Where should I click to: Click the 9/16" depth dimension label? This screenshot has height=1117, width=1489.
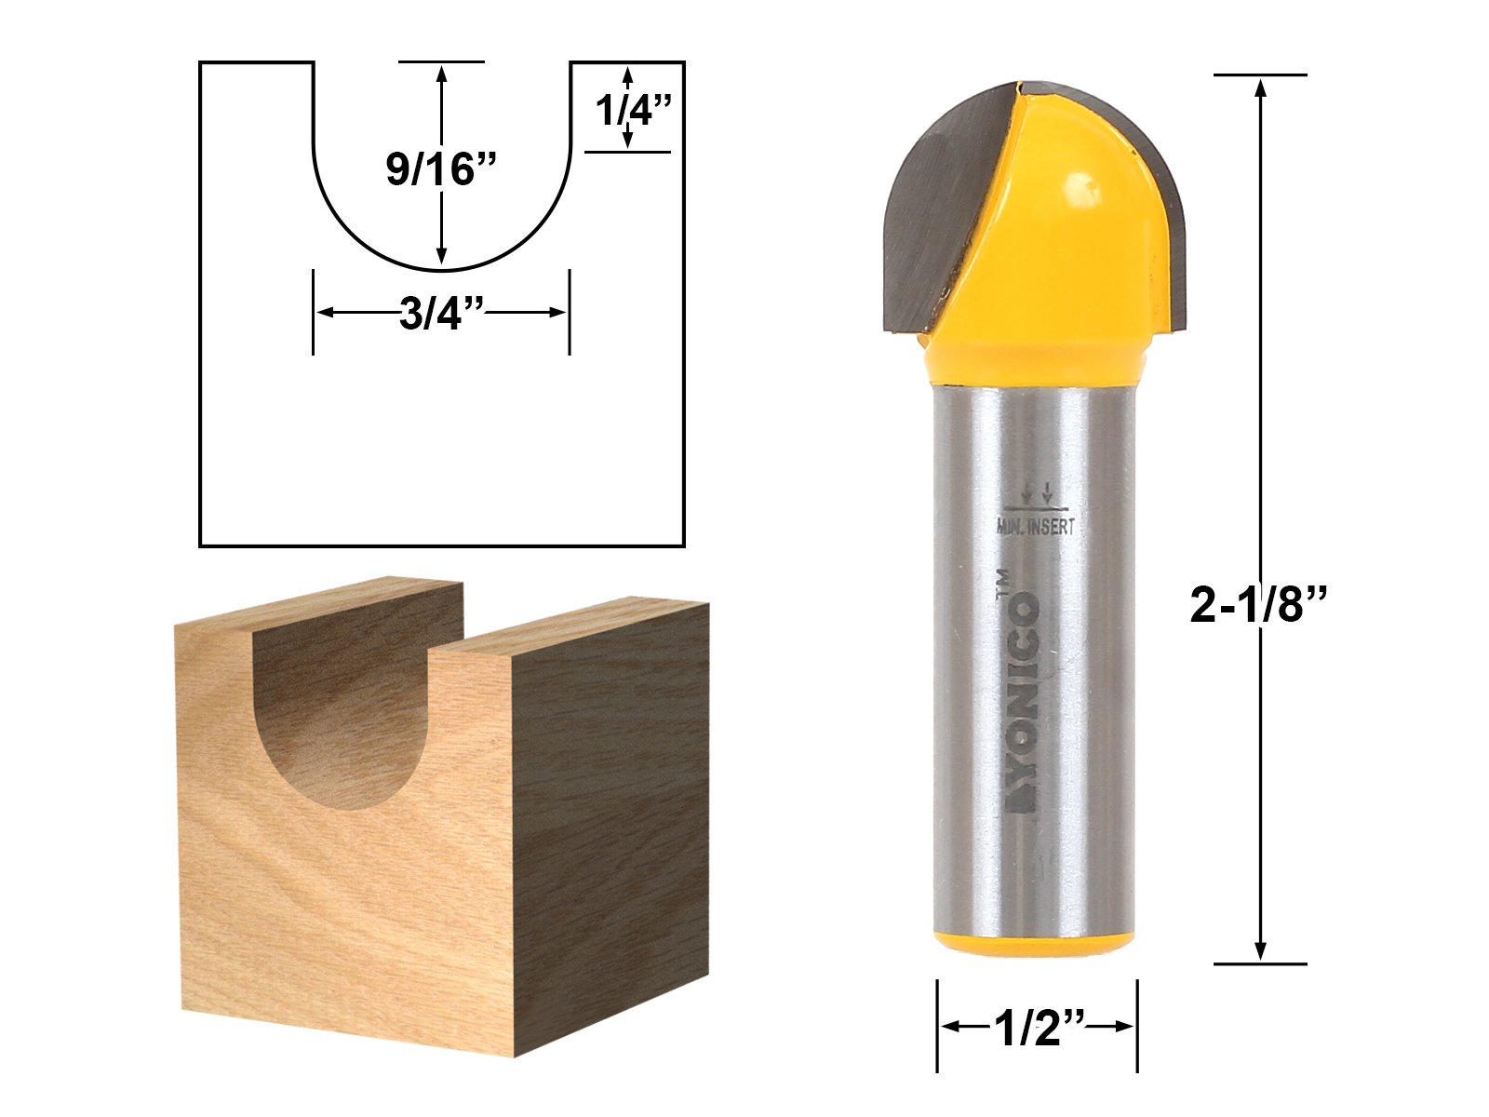[x=442, y=169]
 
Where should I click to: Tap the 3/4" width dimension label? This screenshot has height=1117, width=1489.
[x=442, y=314]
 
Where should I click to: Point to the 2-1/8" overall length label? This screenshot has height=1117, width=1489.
[x=1257, y=604]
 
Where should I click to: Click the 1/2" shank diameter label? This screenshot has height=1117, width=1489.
[x=1038, y=1029]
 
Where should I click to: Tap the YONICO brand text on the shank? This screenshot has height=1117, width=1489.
[x=1023, y=701]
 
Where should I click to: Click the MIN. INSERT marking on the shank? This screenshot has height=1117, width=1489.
[x=1035, y=526]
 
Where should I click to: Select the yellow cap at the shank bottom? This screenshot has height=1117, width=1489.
[x=1034, y=943]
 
